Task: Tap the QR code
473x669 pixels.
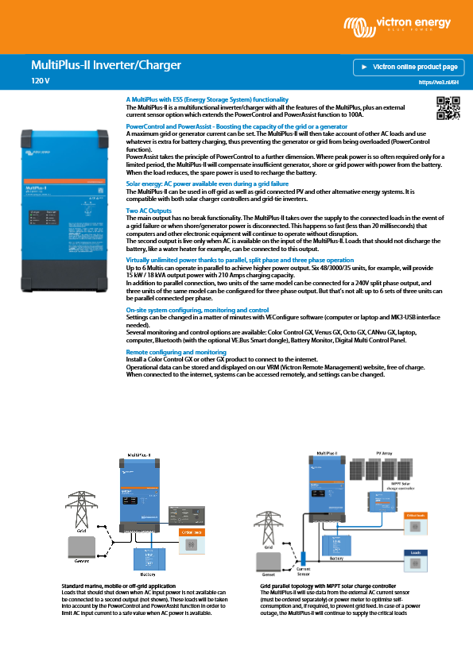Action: (x=448, y=107)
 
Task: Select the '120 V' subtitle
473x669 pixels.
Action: (x=41, y=81)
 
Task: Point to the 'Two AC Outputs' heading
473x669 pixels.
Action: (x=148, y=211)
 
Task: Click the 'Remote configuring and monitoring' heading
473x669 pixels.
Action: (x=176, y=351)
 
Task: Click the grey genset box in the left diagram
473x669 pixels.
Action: (x=82, y=547)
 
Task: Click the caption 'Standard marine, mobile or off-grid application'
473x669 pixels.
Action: (x=118, y=586)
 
